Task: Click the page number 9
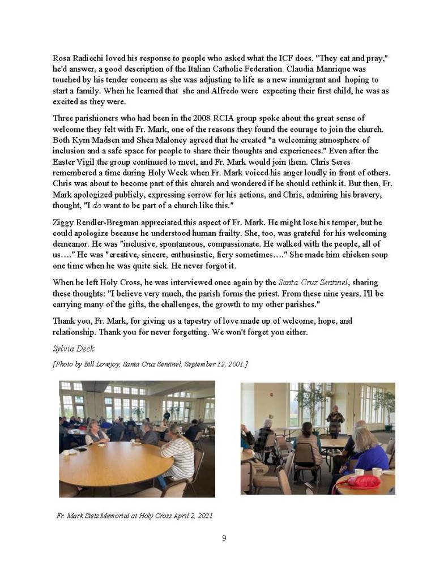click(224, 538)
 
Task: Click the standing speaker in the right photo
click(335, 421)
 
